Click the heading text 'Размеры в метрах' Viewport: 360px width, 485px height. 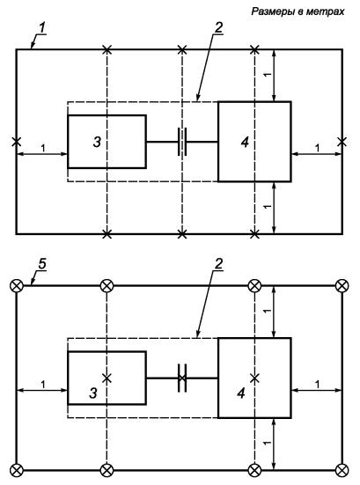[298, 11]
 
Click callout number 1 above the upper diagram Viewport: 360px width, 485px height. [42, 28]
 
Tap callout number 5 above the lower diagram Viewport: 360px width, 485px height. [41, 264]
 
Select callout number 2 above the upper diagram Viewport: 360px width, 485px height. [218, 28]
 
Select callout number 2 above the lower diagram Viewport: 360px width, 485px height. [218, 264]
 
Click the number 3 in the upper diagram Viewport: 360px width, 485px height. [97, 142]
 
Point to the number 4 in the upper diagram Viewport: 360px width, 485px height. [245, 142]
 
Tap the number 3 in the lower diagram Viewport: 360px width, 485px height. [93, 393]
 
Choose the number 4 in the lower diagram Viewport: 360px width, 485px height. [241, 393]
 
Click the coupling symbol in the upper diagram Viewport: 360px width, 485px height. [182, 142]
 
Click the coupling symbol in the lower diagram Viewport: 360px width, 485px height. [182, 378]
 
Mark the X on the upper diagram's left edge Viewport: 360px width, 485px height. [17, 142]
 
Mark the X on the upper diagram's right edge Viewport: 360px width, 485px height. [342, 142]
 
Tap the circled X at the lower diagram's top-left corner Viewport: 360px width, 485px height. [17, 285]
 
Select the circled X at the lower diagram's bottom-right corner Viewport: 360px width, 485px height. [342, 470]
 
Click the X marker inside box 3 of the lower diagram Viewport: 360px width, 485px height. [107, 378]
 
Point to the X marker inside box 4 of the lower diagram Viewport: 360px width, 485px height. [254, 378]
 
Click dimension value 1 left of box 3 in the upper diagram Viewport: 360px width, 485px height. [43, 148]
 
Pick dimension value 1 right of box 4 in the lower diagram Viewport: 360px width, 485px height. [318, 385]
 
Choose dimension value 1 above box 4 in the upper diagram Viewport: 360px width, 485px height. [268, 75]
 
